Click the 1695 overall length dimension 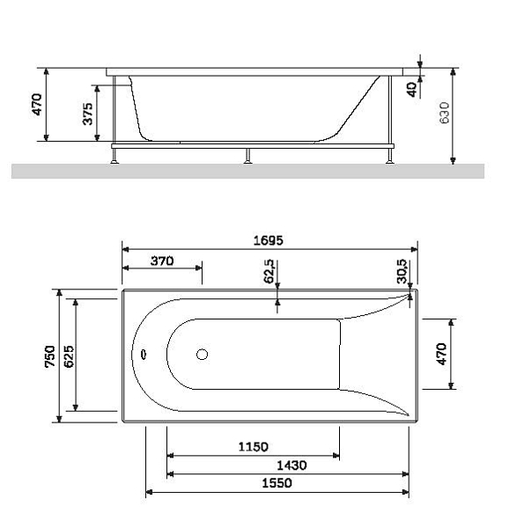coord(268,240)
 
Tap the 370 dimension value coord(162,261)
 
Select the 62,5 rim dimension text coord(269,271)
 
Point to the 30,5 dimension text coord(402,271)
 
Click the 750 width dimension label coord(50,356)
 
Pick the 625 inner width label coord(69,356)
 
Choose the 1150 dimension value coord(253,447)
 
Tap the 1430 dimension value coord(292,466)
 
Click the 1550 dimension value coord(277,483)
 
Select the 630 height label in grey coord(445,113)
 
